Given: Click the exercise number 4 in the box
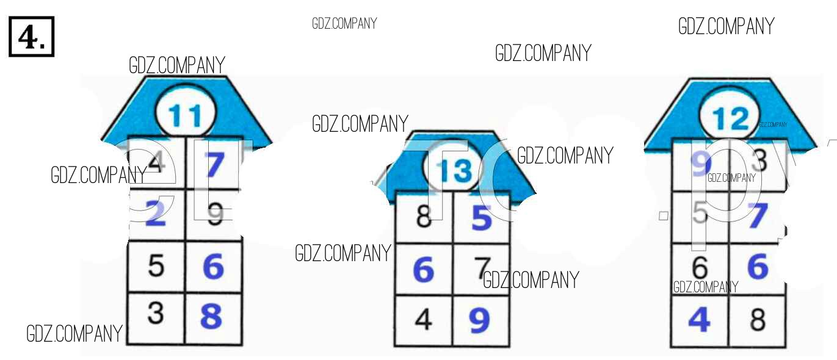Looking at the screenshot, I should (x=31, y=38).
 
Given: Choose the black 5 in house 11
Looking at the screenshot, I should (x=156, y=265).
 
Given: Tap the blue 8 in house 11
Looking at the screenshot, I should (x=212, y=316).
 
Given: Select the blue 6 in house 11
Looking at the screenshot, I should (x=212, y=267).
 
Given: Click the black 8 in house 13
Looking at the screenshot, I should (x=424, y=218).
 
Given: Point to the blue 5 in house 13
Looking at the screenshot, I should (x=482, y=218).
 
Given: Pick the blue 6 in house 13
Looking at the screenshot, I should (x=424, y=269).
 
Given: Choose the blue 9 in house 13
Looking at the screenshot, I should (x=480, y=320).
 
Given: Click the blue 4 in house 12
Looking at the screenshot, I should (x=700, y=319).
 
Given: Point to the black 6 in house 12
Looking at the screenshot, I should (x=700, y=267).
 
